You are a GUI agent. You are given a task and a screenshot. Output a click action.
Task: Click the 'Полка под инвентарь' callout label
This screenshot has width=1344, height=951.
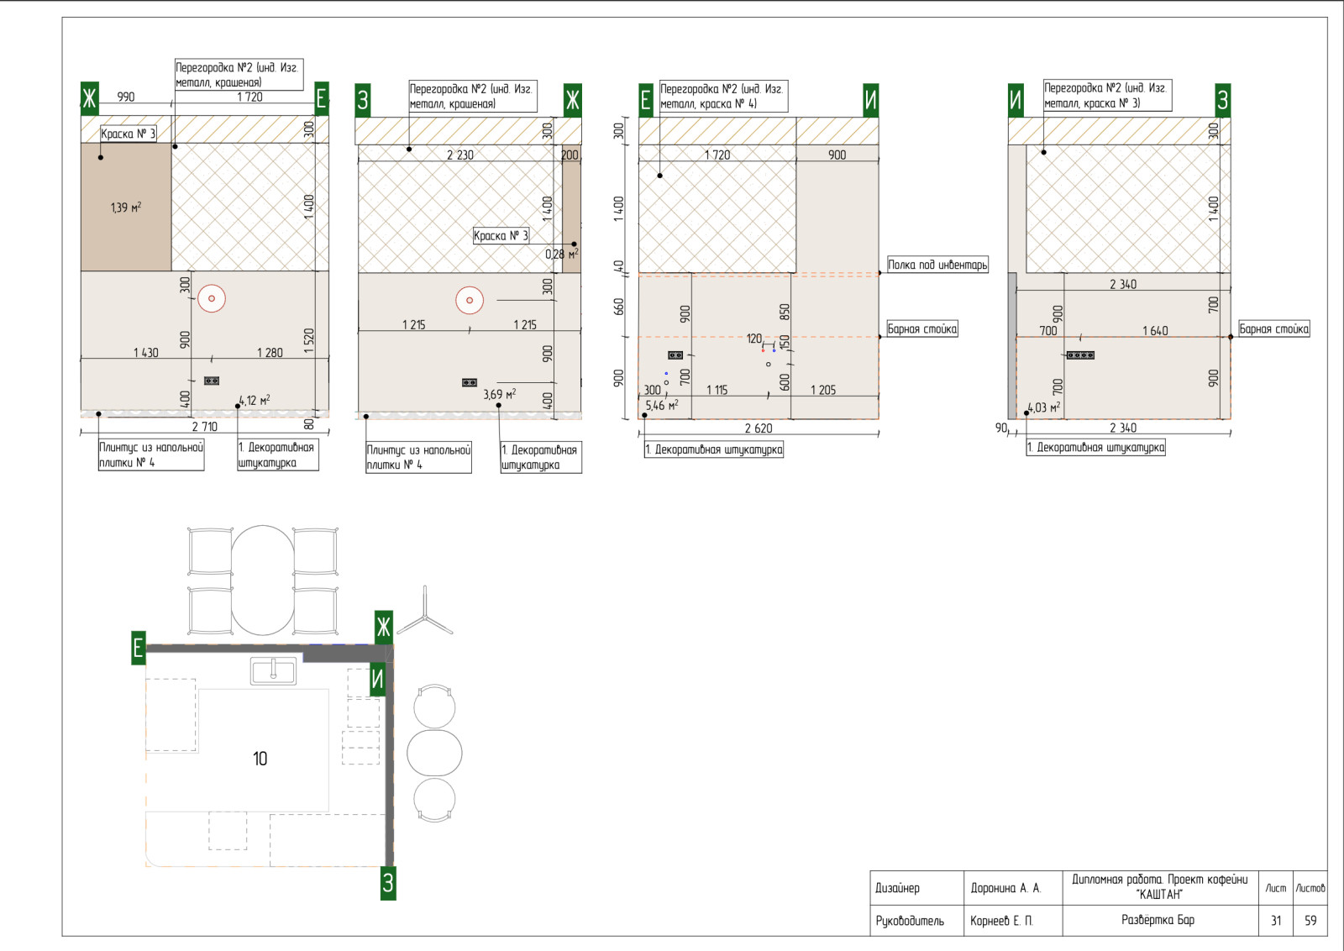937,265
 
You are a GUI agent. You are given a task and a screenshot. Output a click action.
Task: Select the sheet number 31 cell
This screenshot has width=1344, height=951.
1276,921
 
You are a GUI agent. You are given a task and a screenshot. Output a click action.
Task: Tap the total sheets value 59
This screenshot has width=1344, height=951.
1310,921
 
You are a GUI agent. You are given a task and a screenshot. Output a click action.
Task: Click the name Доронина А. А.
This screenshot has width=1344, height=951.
1005,888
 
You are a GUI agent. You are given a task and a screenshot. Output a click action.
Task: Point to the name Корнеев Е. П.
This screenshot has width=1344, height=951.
1000,921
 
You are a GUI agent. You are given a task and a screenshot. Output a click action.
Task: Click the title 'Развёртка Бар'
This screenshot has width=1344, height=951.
1158,920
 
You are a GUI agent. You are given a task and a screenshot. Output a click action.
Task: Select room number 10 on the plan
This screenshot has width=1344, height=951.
260,759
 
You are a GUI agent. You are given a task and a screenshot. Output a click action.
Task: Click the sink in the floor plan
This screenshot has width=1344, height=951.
273,670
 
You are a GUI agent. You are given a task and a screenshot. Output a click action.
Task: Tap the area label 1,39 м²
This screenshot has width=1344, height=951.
126,208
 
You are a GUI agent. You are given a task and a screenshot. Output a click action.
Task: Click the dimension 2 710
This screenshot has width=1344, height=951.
205,427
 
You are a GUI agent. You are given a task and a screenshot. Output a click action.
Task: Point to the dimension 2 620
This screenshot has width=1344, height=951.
759,428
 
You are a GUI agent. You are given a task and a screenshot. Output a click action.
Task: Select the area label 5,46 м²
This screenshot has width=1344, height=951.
662,406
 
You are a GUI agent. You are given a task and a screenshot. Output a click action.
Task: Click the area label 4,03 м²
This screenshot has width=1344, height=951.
1044,408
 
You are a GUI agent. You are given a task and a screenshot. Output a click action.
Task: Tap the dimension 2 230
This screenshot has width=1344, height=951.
460,155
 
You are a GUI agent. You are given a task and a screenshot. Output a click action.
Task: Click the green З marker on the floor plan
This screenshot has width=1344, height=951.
388,883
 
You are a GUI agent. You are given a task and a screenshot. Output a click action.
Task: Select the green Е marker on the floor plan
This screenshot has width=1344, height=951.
139,648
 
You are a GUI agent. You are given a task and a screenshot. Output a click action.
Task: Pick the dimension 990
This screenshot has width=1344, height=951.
125,97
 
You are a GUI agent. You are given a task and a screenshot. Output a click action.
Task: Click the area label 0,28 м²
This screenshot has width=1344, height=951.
562,255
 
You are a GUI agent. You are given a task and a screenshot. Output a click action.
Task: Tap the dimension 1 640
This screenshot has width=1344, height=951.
1155,331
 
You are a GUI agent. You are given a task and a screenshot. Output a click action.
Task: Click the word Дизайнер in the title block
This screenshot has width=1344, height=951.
897,888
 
